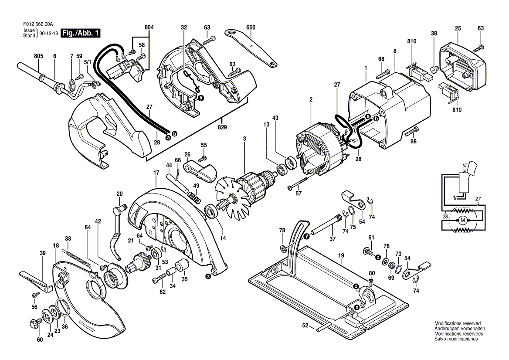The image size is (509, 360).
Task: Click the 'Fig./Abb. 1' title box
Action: point(81,33)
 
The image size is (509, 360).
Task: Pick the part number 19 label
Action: point(341,255)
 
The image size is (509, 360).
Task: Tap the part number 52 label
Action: point(305,325)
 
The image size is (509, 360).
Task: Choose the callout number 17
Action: point(156,173)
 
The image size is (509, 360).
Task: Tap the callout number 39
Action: point(42,253)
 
